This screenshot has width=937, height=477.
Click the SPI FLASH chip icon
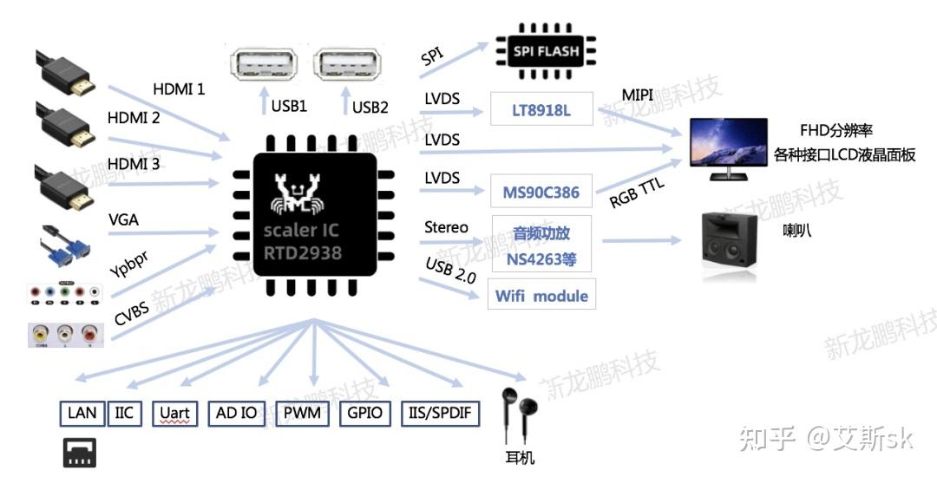[x=546, y=52]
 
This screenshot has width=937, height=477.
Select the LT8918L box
[x=542, y=110]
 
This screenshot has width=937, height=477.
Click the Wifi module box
[x=541, y=296]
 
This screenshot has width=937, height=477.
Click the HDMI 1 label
[x=179, y=88]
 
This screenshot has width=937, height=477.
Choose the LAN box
[x=82, y=413]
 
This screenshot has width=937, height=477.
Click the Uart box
[x=174, y=413]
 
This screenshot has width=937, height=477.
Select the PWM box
[x=302, y=413]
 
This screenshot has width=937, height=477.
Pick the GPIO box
[x=364, y=413]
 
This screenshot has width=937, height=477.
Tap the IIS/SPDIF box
[x=440, y=413]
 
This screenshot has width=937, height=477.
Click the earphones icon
[x=518, y=417]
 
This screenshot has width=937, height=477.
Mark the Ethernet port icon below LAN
[x=80, y=452]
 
